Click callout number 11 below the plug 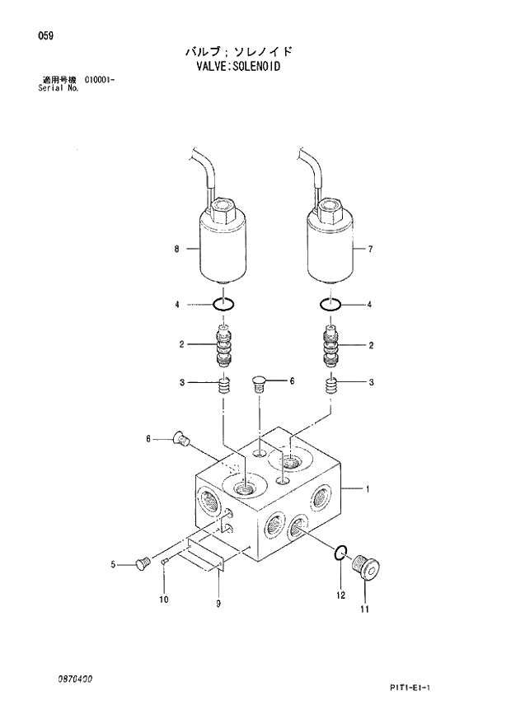coord(364,609)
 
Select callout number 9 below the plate coord(218,605)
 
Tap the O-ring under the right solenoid coord(331,305)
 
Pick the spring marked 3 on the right coord(332,384)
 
